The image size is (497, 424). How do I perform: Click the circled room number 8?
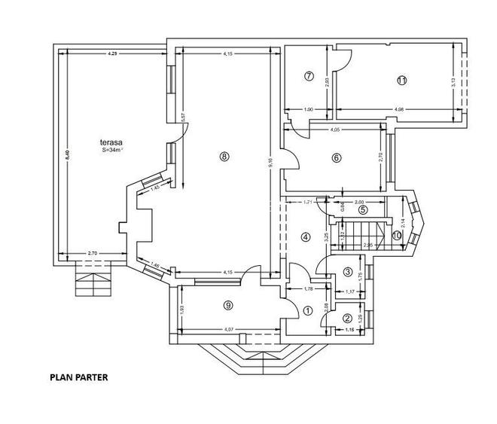click(224, 157)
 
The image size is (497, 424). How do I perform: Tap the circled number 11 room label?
click(401, 80)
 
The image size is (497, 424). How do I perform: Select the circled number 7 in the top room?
click(309, 76)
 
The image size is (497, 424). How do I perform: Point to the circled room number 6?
click(336, 157)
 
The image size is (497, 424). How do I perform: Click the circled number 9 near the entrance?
click(228, 305)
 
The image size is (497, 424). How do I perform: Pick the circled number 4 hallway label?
click(306, 236)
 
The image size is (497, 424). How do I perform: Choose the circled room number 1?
click(307, 310)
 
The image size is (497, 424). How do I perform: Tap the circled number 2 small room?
click(347, 318)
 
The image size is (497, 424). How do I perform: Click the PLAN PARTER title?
click(79, 377)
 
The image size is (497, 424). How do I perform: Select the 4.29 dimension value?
click(112, 53)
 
